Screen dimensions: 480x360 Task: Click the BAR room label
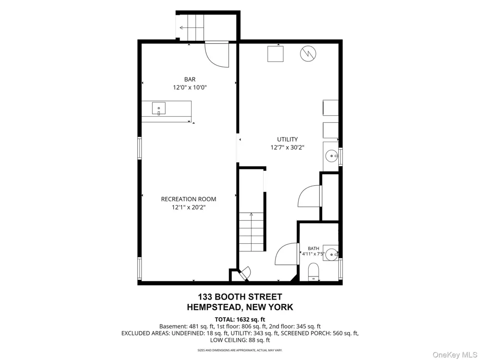(x=190, y=80)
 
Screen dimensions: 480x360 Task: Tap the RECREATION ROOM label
(x=189, y=199)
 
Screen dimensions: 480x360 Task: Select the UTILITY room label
(x=288, y=139)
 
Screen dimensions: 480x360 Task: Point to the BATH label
(x=313, y=249)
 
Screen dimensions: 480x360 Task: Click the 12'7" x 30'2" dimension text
(x=288, y=147)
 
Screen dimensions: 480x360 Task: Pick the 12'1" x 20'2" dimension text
(x=189, y=207)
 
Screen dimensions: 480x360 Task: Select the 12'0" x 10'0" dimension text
(x=190, y=87)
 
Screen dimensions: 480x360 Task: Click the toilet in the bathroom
(x=313, y=272)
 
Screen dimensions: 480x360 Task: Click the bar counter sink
(x=159, y=108)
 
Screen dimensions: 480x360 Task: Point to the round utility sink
(x=332, y=156)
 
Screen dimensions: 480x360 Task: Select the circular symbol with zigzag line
(x=308, y=54)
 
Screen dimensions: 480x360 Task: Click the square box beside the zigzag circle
(x=275, y=54)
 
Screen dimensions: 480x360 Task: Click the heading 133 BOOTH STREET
(x=240, y=297)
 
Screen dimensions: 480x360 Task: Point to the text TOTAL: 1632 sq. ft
(x=240, y=320)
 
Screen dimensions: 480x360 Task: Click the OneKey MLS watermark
(x=454, y=355)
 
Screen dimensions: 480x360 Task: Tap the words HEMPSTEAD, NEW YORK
(x=240, y=307)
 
